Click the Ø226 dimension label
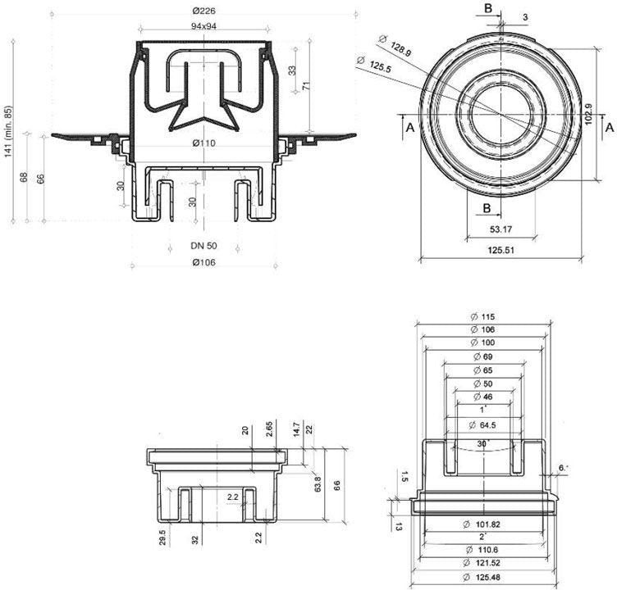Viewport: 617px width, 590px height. point(203,11)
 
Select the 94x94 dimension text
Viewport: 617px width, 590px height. point(203,26)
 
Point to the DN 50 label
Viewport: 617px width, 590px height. point(203,246)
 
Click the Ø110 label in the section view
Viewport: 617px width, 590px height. point(203,143)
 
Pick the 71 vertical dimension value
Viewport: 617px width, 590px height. point(304,87)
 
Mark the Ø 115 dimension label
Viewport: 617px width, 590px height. point(483,317)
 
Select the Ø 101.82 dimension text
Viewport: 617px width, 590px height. point(483,523)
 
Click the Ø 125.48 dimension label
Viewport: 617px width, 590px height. point(483,575)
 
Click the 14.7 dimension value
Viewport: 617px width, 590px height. point(297,429)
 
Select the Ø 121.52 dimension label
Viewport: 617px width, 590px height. point(483,562)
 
